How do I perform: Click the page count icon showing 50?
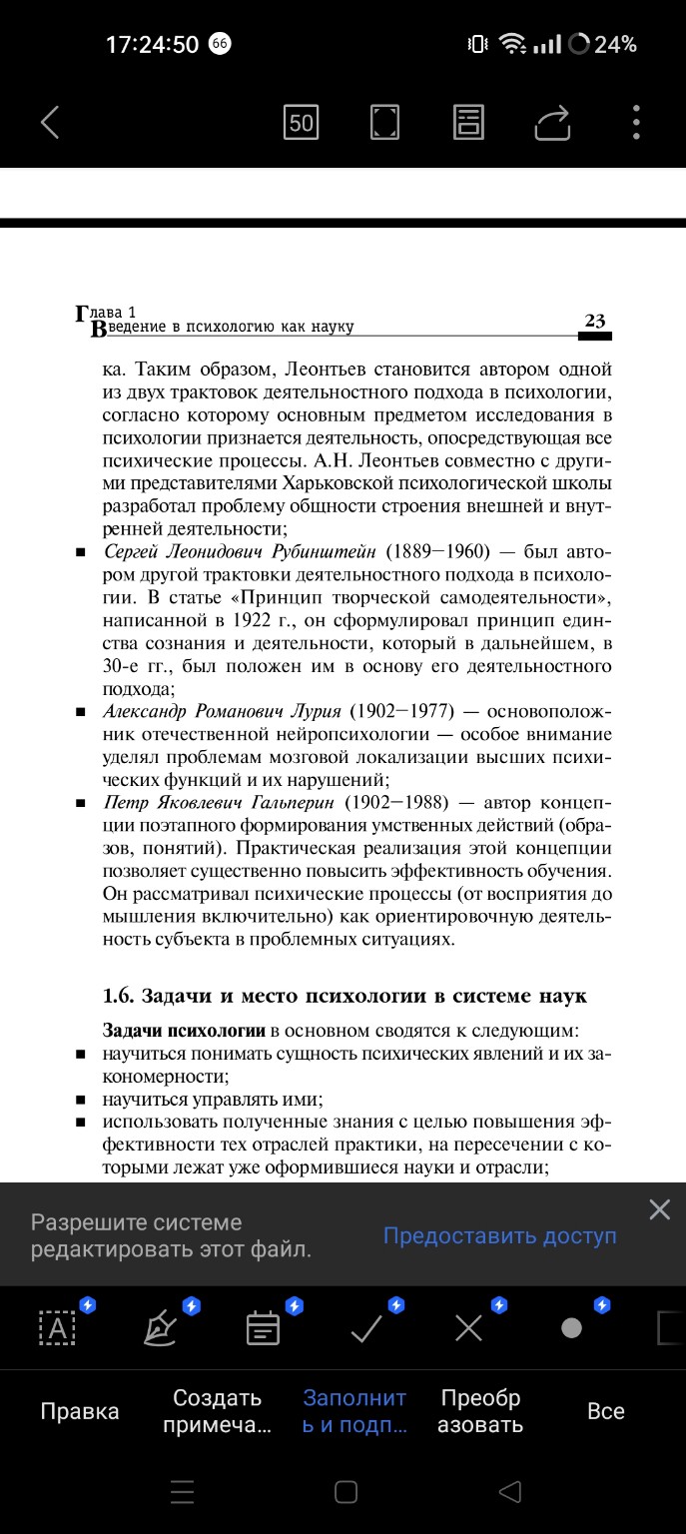[301, 123]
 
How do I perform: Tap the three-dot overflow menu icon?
[636, 122]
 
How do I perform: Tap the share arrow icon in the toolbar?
[552, 123]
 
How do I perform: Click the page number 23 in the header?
[595, 321]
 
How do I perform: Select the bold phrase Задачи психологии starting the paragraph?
[184, 1030]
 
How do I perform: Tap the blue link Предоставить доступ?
[499, 1235]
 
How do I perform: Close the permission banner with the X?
[659, 1209]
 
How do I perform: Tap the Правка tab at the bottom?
[80, 1411]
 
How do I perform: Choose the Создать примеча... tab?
[217, 1411]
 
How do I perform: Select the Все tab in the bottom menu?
[606, 1411]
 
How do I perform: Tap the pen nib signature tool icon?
[161, 1328]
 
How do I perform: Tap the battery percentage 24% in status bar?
[615, 44]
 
